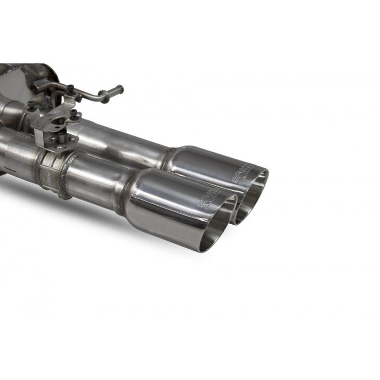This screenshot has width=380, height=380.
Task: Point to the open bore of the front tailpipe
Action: point(219,223)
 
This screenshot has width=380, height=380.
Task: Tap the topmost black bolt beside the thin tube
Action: point(71,87)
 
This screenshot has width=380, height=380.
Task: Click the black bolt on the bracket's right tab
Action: point(74,113)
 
